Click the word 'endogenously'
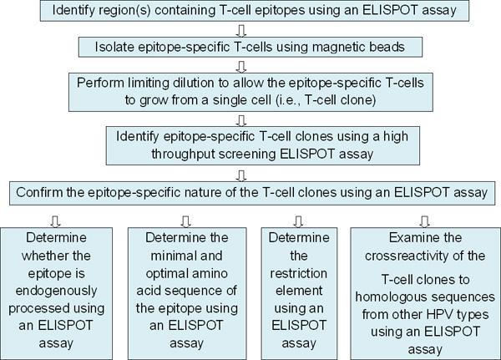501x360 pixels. click(56, 292)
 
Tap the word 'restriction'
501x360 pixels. click(299, 274)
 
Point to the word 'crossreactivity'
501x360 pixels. click(408, 256)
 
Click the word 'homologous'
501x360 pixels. click(385, 297)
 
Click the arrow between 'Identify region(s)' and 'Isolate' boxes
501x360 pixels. click(242, 31)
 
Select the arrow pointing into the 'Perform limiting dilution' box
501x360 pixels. click(242, 67)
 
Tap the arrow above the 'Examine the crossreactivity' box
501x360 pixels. click(425, 221)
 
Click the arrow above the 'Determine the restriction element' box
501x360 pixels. click(298, 221)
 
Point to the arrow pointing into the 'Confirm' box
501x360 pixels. click(242, 176)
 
